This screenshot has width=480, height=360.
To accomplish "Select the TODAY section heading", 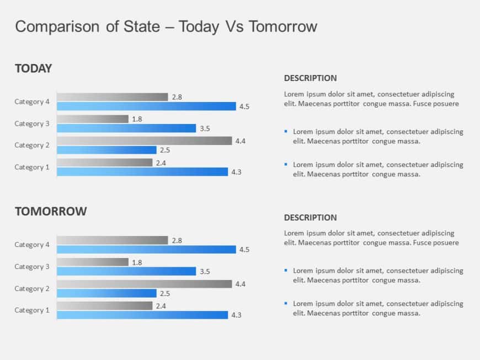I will click(33, 68).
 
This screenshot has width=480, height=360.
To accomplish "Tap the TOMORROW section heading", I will click(51, 211).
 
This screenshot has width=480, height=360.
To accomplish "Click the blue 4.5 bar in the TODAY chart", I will click(146, 106).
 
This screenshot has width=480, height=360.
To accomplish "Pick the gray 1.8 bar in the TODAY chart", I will click(93, 119).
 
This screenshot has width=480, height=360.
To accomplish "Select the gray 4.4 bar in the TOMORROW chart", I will click(145, 284).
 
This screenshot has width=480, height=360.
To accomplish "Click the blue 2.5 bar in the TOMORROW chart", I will click(107, 293).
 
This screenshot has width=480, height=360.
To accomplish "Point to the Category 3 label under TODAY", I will click(32, 123).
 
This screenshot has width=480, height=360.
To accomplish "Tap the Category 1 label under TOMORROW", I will click(32, 310).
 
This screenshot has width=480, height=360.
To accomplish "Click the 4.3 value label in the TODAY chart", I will click(236, 172).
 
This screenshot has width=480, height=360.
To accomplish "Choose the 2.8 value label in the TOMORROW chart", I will click(177, 240).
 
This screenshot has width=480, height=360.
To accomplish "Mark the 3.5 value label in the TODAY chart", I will click(205, 128).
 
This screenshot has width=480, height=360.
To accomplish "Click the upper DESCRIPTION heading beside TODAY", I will click(310, 78).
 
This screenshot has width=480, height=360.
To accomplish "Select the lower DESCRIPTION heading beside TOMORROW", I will click(310, 218).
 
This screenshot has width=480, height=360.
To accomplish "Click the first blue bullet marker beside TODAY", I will click(286, 131).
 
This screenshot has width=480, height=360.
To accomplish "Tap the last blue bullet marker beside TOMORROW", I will click(286, 303).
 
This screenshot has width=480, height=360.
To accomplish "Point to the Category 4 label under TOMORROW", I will click(32, 245).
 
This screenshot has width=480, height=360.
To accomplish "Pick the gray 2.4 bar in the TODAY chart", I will click(105, 163).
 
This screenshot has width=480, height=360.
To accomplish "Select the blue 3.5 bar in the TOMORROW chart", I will click(126, 271).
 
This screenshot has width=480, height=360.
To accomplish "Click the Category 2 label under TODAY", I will click(32, 145).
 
